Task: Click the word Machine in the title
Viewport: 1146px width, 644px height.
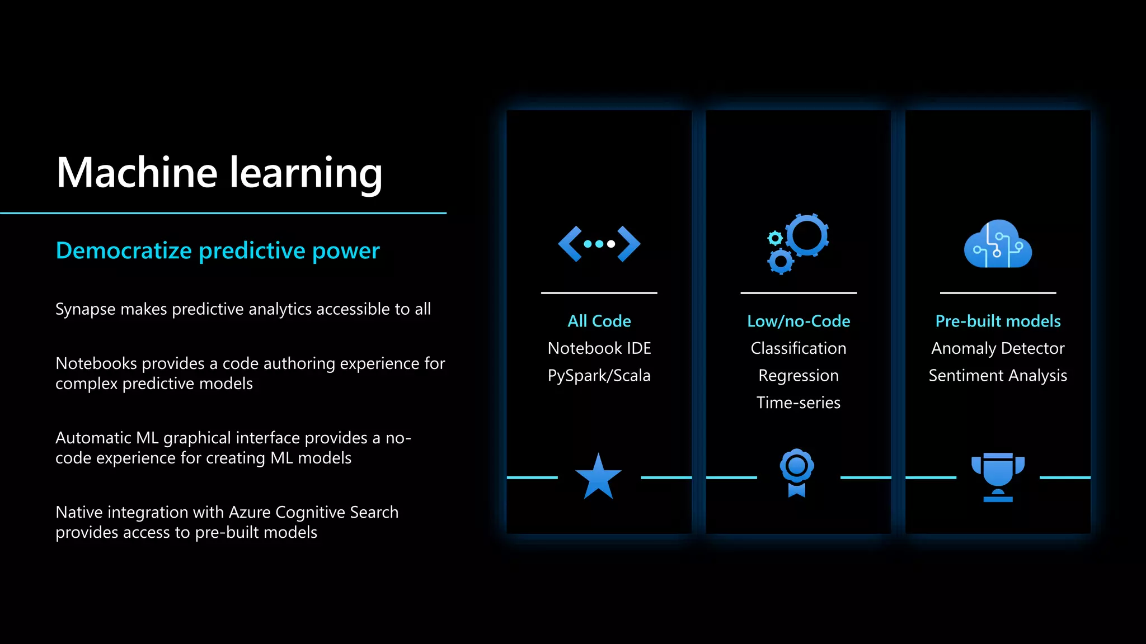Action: pyautogui.click(x=137, y=172)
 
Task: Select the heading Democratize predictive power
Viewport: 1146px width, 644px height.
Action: pyautogui.click(x=218, y=250)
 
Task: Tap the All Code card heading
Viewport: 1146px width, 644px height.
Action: pyautogui.click(x=599, y=321)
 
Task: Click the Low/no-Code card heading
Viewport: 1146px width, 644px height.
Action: pyautogui.click(x=799, y=321)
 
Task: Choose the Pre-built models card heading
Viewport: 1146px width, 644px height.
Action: pyautogui.click(x=998, y=321)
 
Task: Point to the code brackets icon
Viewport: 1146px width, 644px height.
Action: pyautogui.click(x=599, y=244)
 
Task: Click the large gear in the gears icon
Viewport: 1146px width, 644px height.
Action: pyautogui.click(x=806, y=235)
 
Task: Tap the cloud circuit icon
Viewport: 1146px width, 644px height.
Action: pyautogui.click(x=998, y=244)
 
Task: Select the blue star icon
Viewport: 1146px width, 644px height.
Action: pyautogui.click(x=598, y=477)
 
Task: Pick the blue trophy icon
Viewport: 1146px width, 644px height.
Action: pyautogui.click(x=998, y=476)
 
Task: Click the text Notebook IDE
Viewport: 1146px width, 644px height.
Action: pyautogui.click(x=599, y=348)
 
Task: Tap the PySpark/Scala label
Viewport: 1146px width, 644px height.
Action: pyautogui.click(x=599, y=376)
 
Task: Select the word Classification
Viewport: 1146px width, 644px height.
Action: pyautogui.click(x=799, y=348)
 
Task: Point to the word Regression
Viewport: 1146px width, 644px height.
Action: pyautogui.click(x=799, y=376)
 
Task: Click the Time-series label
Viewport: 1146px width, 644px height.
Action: pyautogui.click(x=799, y=402)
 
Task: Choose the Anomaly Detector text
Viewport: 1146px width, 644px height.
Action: pyautogui.click(x=998, y=348)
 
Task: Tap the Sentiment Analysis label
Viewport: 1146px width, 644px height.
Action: pyautogui.click(x=998, y=376)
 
